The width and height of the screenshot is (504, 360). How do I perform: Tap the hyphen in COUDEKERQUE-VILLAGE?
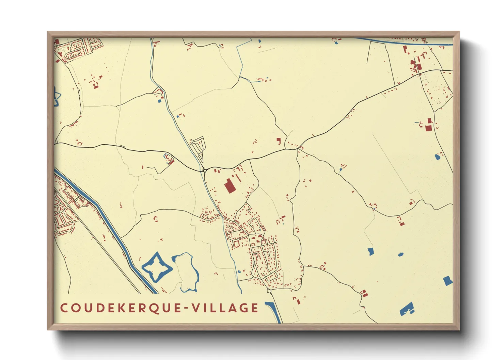tap(185, 308)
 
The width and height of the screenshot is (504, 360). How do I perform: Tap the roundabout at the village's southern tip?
tap(269, 291)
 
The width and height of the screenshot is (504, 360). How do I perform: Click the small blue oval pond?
tap(400, 254)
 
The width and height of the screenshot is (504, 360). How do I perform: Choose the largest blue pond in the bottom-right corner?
tap(407, 309)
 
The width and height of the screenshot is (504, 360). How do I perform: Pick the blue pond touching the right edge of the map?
tap(448, 281)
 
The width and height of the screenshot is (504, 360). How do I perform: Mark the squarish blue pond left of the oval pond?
tap(371, 251)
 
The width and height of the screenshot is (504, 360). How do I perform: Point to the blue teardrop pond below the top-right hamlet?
tap(437, 157)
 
